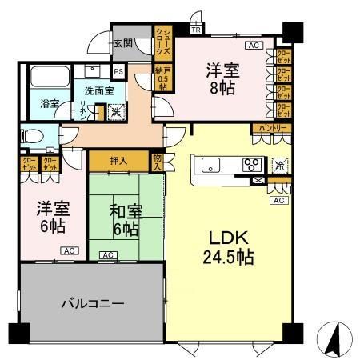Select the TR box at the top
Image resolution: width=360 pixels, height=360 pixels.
click(197, 30)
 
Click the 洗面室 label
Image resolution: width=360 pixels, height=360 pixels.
click(99, 90)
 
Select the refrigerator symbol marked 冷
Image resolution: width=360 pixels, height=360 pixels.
click(280, 164)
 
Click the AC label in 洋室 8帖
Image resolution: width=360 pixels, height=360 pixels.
click(253, 46)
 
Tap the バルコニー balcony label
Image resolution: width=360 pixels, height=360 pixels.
click(92, 304)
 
